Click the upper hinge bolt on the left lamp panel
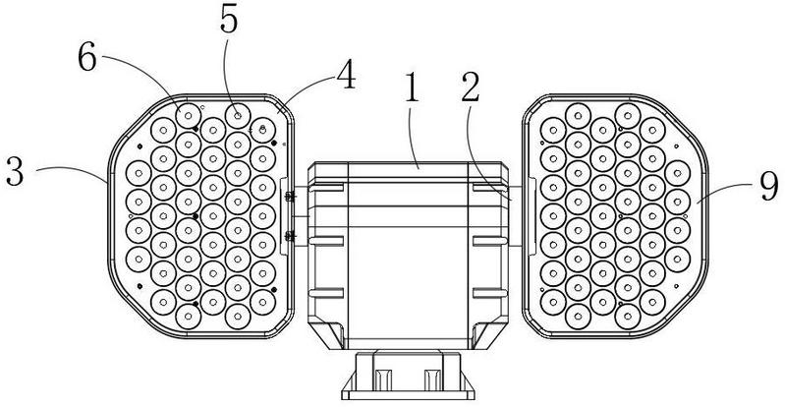point(289,197)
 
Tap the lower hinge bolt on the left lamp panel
point(289,234)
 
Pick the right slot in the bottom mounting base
point(432,380)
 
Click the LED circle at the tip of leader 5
point(236,113)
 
